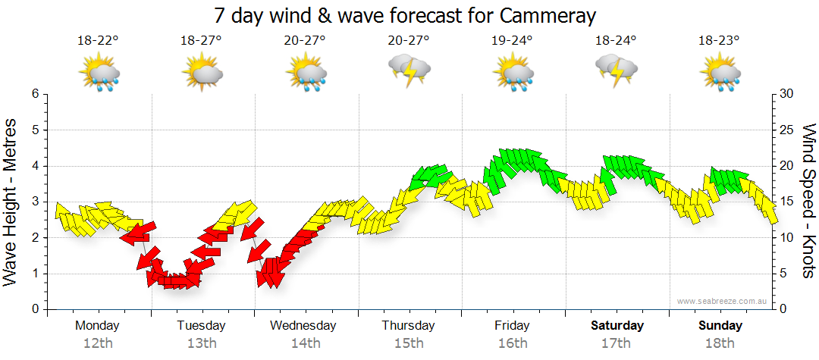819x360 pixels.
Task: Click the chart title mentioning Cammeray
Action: [405, 15]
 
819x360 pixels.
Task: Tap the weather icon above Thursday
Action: [409, 70]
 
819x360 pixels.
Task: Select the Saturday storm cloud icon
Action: [616, 70]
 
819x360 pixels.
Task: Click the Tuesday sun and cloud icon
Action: [202, 74]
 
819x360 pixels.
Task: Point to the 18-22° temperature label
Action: [98, 40]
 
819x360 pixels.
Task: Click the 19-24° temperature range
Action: [512, 40]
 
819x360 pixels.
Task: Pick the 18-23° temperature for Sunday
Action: [719, 40]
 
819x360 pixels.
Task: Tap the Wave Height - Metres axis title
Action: [11, 202]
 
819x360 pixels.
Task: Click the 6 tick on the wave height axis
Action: [34, 94]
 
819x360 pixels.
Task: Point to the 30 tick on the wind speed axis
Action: [787, 94]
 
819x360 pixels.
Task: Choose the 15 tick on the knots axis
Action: [787, 202]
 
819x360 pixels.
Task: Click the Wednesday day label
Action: [303, 326]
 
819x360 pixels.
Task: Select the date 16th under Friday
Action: [512, 343]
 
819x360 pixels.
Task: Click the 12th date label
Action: [98, 343]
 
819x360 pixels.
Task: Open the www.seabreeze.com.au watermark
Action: [722, 301]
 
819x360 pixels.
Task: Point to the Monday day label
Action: [98, 326]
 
